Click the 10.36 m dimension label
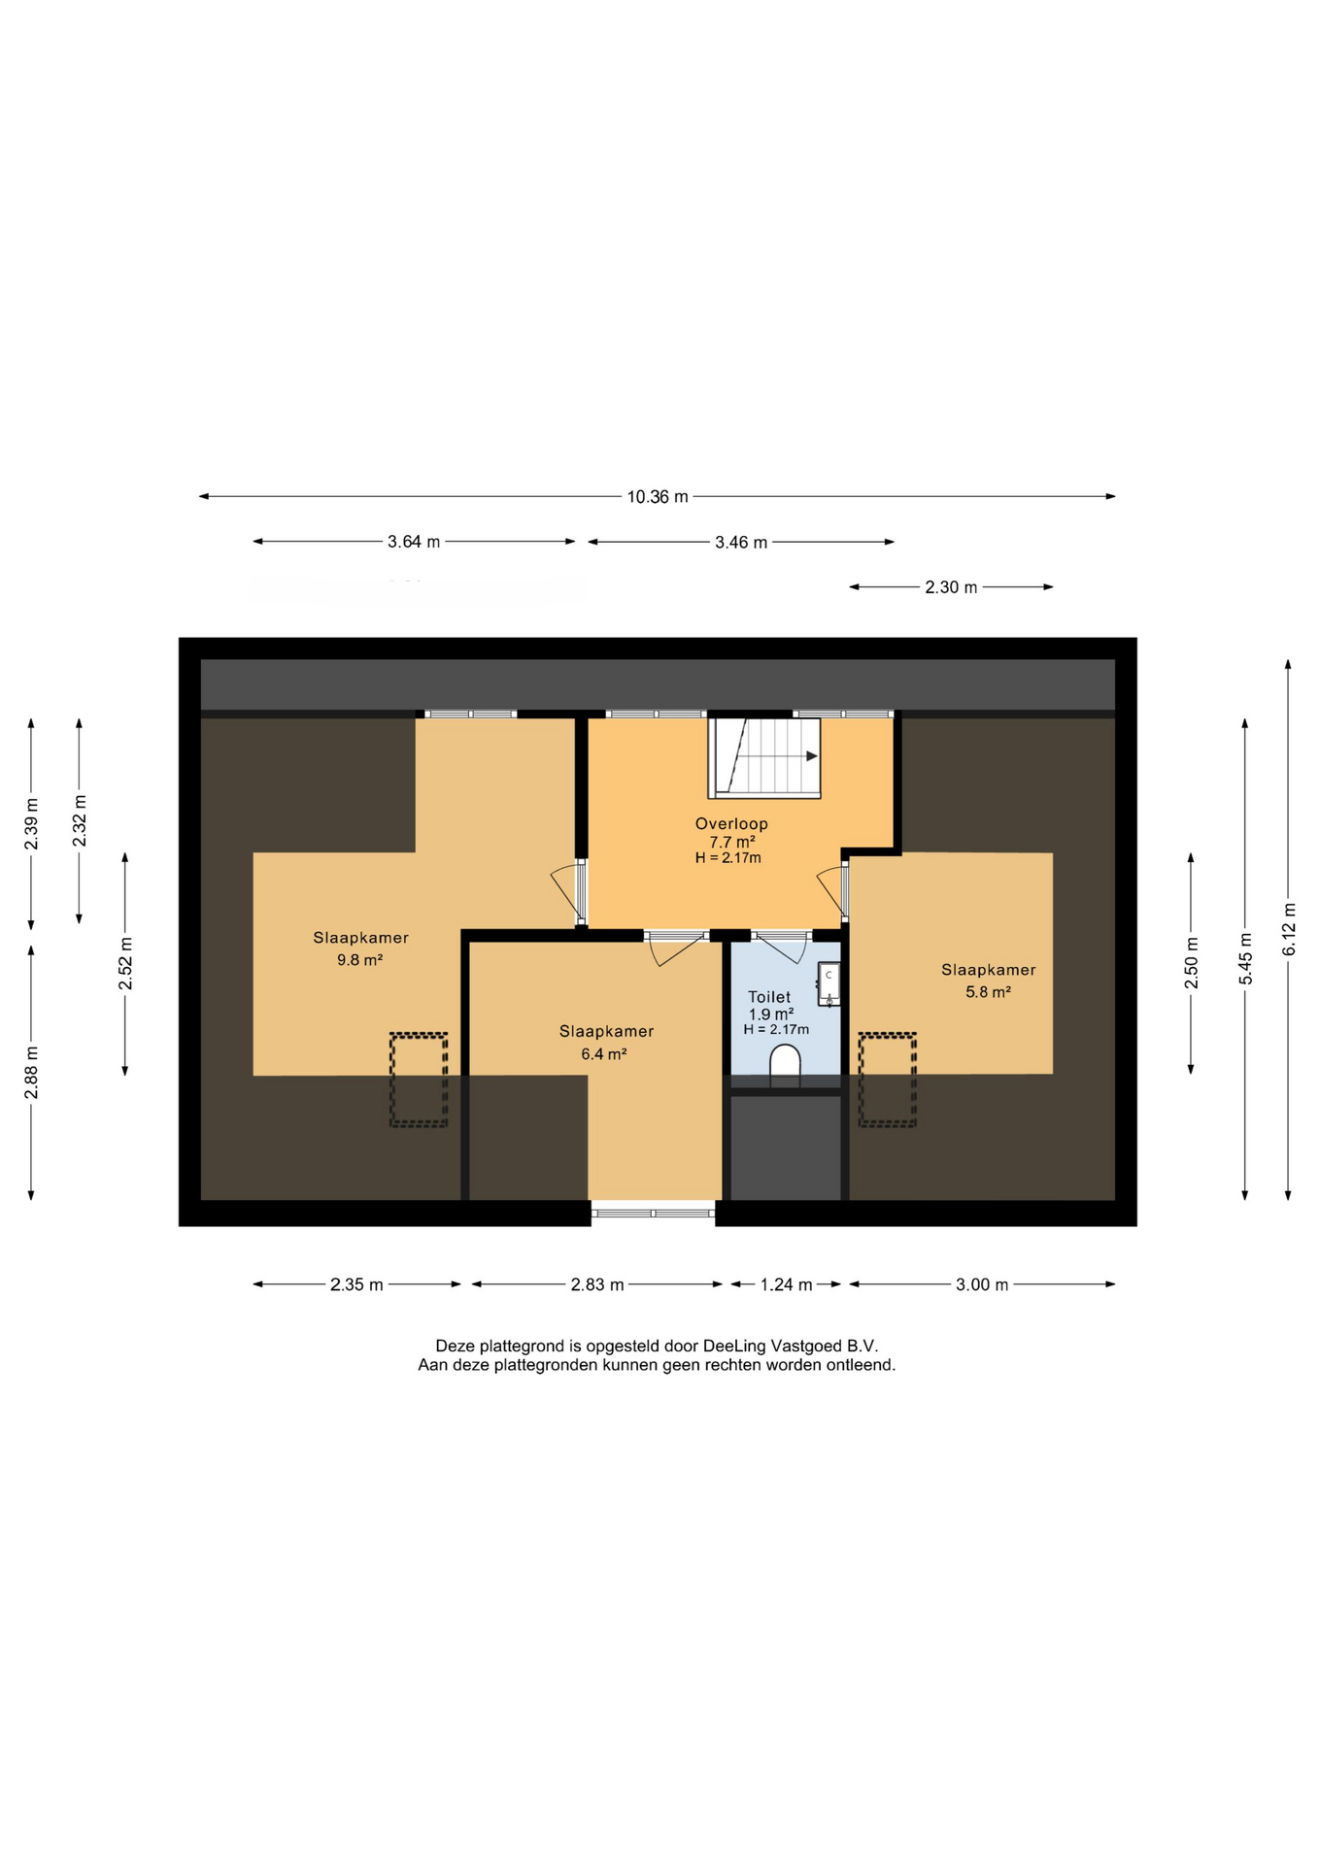(658, 497)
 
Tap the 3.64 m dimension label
(414, 542)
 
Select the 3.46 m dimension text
(741, 543)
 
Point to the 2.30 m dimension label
(951, 587)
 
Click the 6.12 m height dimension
(1289, 929)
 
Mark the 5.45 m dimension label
(1245, 958)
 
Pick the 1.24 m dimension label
(786, 1284)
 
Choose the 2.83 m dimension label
(597, 1284)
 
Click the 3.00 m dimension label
(982, 1284)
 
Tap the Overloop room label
(731, 824)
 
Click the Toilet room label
(769, 997)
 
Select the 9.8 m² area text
(359, 960)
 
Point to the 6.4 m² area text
(604, 1053)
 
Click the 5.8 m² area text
(988, 992)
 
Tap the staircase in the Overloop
(764, 758)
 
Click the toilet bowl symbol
(785, 1064)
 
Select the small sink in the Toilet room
(829, 984)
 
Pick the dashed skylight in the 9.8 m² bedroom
(419, 1080)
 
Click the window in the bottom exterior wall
(653, 1214)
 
